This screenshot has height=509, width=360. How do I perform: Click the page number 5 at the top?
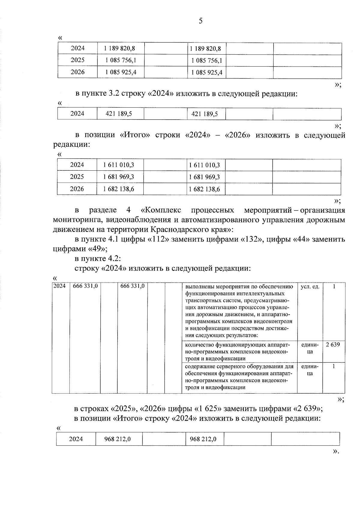tap(201, 21)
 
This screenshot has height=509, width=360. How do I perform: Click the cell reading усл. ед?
tap(310, 287)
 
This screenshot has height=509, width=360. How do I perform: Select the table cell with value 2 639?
tap(333, 345)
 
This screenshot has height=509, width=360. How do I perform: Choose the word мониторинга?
tap(73, 220)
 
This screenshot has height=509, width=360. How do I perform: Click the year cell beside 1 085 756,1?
tap(78, 60)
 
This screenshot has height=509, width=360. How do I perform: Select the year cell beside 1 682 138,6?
tap(77, 189)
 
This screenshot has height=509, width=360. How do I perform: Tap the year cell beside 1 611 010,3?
tap(77, 165)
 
